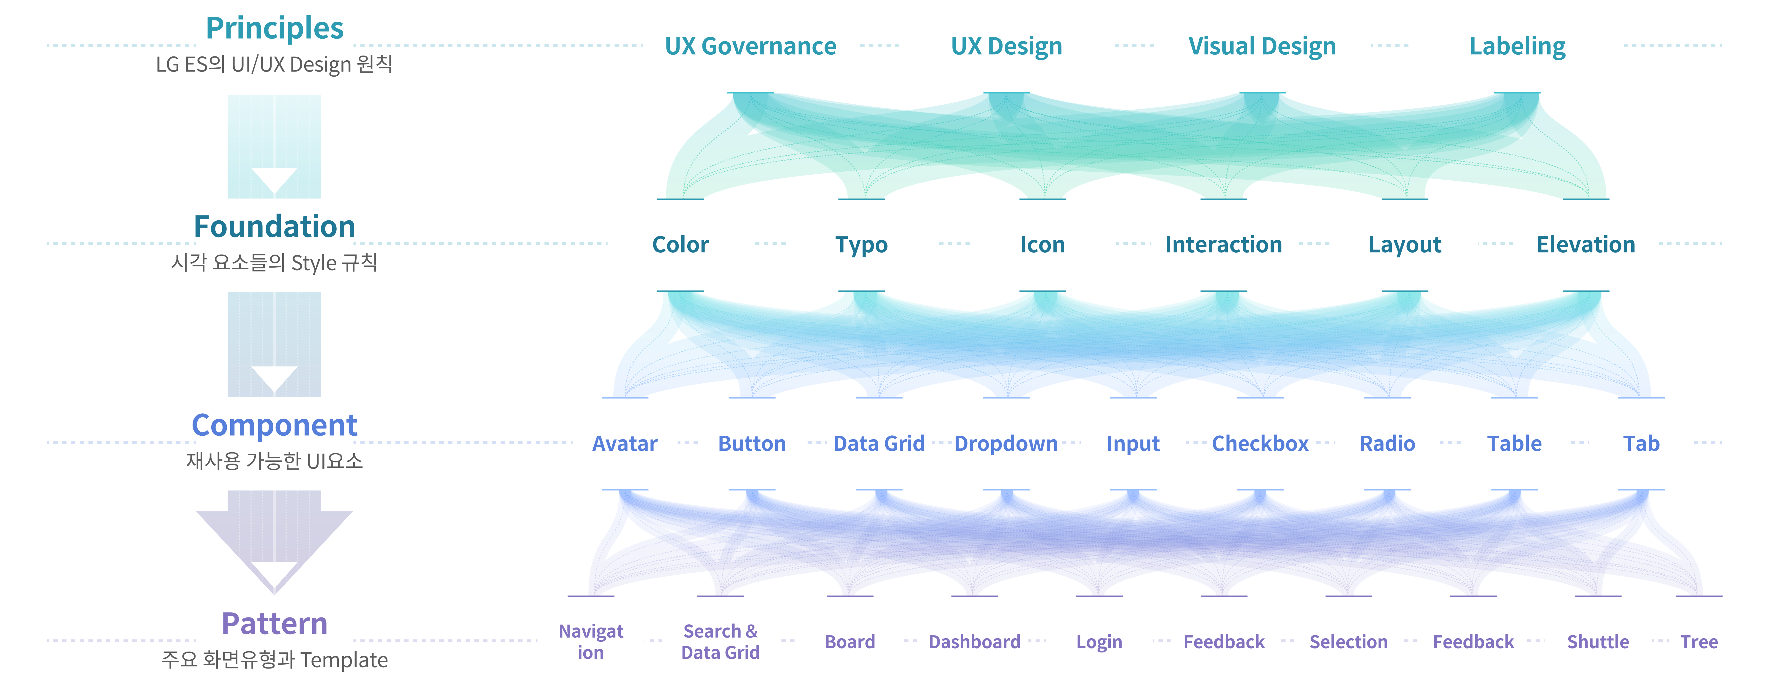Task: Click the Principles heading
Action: click(x=274, y=28)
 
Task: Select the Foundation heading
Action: click(x=274, y=227)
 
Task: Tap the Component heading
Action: click(x=274, y=425)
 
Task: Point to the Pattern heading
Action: click(x=274, y=624)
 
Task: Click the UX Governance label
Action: click(x=750, y=46)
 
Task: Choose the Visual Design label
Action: click(x=1262, y=46)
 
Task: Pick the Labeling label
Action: click(x=1517, y=46)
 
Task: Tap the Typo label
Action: click(x=861, y=245)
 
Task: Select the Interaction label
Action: click(x=1223, y=245)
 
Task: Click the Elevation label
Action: click(x=1586, y=245)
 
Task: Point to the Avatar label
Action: click(x=625, y=444)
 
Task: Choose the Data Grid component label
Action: click(x=879, y=444)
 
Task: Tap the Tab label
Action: click(x=1641, y=444)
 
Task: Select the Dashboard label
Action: click(x=974, y=642)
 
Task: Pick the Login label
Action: click(x=1099, y=642)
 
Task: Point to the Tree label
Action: click(x=1699, y=642)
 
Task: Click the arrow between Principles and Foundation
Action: click(x=274, y=147)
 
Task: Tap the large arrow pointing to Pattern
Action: click(x=274, y=541)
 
